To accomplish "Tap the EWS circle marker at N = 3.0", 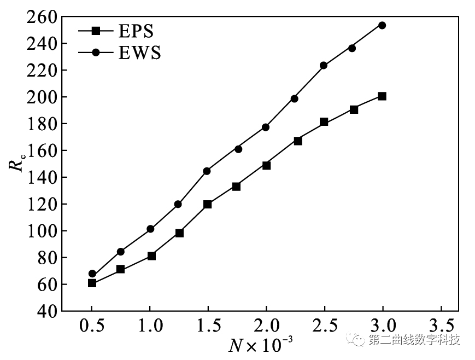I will (x=382, y=25).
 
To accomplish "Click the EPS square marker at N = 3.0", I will (x=382, y=96).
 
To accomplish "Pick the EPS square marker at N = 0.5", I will (x=92, y=283).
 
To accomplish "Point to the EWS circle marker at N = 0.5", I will (x=92, y=274).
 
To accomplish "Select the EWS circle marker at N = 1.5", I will (x=207, y=171).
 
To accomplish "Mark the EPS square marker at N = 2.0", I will (x=266, y=165).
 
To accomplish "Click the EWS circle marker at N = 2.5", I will (x=324, y=65).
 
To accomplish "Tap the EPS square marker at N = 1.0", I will (x=151, y=256).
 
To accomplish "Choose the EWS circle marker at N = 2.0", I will (x=266, y=127).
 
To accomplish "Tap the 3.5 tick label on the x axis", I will (x=441, y=326).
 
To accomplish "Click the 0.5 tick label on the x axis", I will (x=91, y=326).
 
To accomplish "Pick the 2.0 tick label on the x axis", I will (x=266, y=326).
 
